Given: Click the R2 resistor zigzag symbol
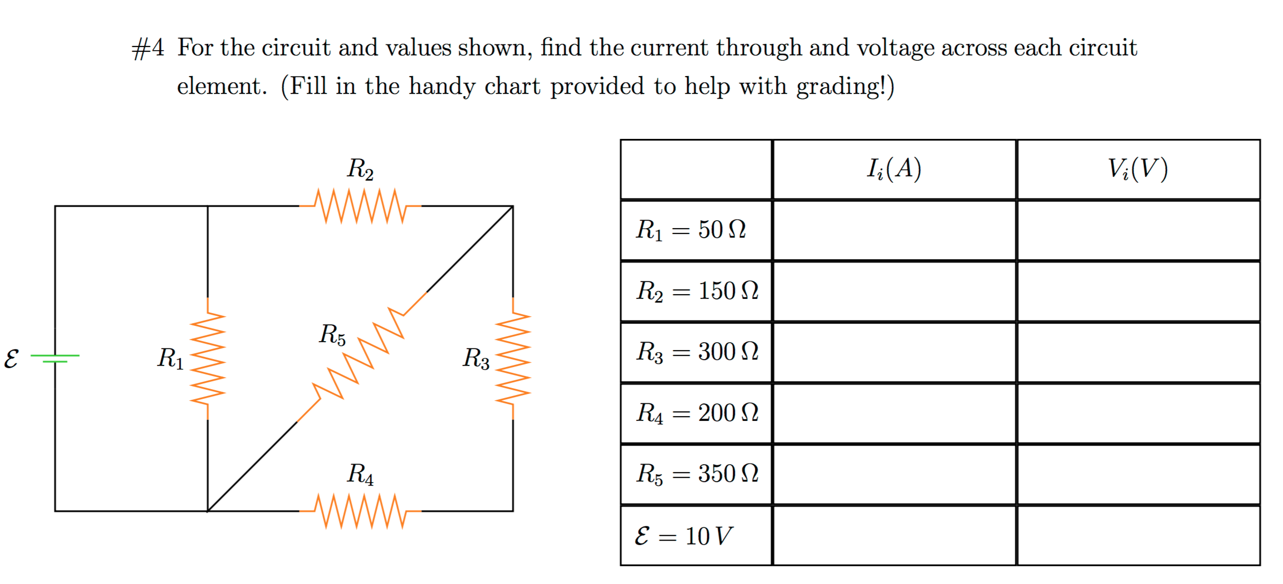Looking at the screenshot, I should pyautogui.click(x=360, y=206).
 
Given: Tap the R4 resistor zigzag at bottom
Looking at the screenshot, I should pyautogui.click(x=360, y=511).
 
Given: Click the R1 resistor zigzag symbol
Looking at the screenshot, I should pyautogui.click(x=208, y=359).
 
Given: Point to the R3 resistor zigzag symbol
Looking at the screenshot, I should pyautogui.click(x=512, y=359).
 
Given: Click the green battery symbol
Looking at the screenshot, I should pyautogui.click(x=55, y=359).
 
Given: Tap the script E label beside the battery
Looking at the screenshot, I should pyautogui.click(x=11, y=359).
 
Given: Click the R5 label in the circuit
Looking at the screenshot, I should pyautogui.click(x=332, y=335).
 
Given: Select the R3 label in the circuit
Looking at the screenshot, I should pyautogui.click(x=476, y=359).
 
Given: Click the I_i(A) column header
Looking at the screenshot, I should pyautogui.click(x=894, y=169).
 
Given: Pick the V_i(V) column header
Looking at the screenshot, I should pyautogui.click(x=1138, y=169).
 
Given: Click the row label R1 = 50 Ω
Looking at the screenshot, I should pyautogui.click(x=691, y=230).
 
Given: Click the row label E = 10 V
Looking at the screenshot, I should pyautogui.click(x=683, y=536).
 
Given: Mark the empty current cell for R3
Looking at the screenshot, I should pyautogui.click(x=894, y=352).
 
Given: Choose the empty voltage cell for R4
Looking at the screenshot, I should pyautogui.click(x=1138, y=413).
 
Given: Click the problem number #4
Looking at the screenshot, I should pyautogui.click(x=148, y=49).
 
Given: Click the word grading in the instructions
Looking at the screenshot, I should pyautogui.click(x=840, y=87).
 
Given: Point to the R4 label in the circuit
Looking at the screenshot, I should pyautogui.click(x=360, y=474).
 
